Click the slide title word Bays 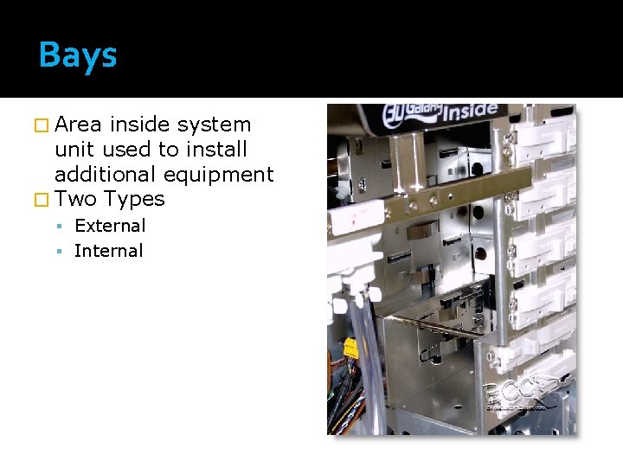pos(77,56)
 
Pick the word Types pos(133,199)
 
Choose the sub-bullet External pos(110,226)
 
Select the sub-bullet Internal pos(108,251)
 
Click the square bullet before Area pos(45,125)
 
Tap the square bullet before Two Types pos(45,200)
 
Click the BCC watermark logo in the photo pos(518,393)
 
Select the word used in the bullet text pos(128,150)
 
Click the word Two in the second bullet pos(75,199)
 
